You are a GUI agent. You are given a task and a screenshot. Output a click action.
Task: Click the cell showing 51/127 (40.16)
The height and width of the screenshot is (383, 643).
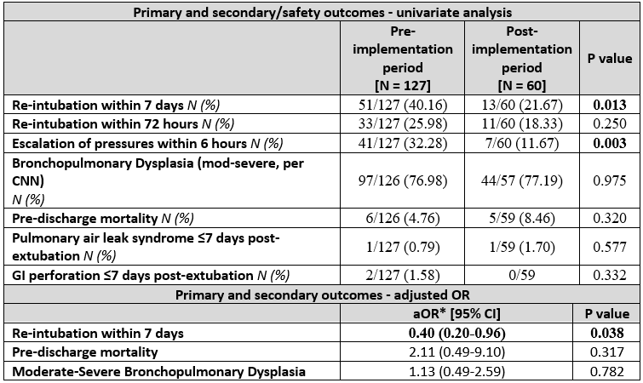point(402,106)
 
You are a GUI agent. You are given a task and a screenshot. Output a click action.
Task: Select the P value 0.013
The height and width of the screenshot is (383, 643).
point(610,106)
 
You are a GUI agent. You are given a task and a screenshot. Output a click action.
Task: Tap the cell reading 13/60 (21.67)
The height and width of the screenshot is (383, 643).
point(521,106)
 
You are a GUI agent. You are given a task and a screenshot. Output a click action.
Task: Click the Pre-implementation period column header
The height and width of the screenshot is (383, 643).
point(402,58)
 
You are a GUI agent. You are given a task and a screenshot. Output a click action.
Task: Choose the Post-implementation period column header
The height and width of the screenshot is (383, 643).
point(521,58)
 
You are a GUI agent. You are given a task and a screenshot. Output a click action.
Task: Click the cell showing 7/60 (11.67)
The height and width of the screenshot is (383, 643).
point(521,143)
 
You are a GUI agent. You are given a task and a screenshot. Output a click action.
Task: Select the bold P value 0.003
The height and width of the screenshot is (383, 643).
point(610,143)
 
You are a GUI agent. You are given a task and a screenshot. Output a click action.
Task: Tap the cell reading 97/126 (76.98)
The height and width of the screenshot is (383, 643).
point(402,180)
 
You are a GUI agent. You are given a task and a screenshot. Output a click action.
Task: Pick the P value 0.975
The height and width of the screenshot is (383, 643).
point(610,180)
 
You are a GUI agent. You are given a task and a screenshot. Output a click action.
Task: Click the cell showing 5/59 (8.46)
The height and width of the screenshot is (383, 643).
point(521,218)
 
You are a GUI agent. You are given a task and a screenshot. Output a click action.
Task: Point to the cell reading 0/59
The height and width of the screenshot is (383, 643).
point(521,274)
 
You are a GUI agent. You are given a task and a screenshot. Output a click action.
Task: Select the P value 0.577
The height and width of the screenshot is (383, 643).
point(610,247)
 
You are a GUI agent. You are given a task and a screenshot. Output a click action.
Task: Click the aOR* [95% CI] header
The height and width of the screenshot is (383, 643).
point(456,314)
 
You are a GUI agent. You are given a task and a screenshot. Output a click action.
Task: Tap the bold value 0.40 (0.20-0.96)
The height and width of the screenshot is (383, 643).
point(456,333)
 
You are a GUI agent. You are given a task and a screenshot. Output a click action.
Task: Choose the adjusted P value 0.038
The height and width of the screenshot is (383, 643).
point(607,333)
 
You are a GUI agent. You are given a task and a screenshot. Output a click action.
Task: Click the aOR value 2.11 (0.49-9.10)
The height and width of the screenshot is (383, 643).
point(456,352)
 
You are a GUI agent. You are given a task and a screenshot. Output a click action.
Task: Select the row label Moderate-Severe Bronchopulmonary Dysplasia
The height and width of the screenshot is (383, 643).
point(158,372)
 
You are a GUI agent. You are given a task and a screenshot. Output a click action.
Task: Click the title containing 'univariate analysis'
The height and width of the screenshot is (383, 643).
point(322,12)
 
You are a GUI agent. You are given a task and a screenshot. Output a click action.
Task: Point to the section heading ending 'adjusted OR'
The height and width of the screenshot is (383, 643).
point(322,295)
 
